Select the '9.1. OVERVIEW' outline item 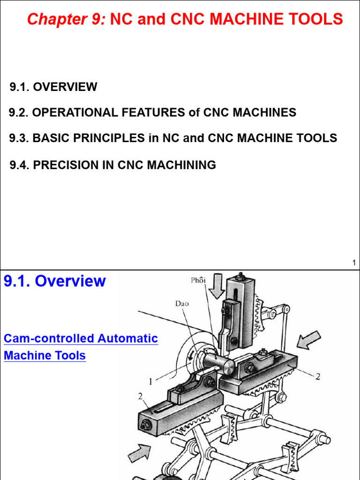[54, 87]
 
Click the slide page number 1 [354, 263]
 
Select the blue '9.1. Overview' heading [55, 281]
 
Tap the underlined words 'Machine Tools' [45, 355]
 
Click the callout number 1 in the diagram [151, 382]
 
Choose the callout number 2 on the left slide [140, 397]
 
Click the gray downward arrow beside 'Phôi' [217, 286]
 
